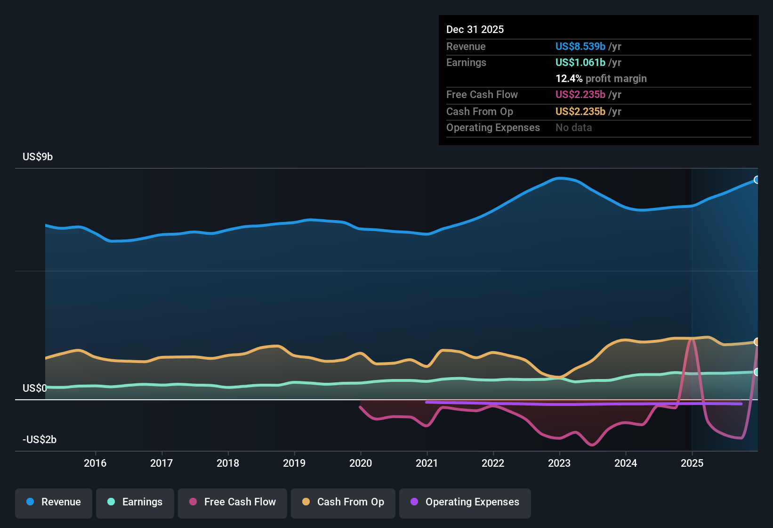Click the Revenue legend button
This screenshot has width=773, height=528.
click(54, 502)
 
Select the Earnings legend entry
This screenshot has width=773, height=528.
click(135, 502)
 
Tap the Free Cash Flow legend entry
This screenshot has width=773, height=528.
click(233, 502)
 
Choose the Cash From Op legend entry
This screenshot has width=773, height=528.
click(343, 502)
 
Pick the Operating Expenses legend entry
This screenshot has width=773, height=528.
click(465, 502)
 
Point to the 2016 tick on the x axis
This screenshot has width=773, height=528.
click(95, 463)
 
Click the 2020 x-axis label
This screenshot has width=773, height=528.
click(361, 463)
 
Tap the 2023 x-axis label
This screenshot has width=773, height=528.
click(559, 463)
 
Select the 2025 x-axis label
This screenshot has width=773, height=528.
click(692, 463)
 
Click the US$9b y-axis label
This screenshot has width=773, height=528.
click(38, 157)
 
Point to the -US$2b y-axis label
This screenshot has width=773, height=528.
click(40, 440)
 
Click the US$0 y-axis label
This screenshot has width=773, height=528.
click(35, 388)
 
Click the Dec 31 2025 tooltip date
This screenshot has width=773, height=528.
click(475, 30)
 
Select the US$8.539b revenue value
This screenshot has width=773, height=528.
click(580, 47)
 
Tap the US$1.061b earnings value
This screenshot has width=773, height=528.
click(580, 63)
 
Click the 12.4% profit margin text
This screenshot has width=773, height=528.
click(601, 79)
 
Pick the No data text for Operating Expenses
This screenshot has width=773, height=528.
click(573, 128)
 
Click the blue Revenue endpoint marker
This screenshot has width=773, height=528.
click(757, 180)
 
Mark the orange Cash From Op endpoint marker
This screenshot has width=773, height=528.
click(757, 342)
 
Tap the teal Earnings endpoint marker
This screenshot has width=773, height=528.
click(757, 372)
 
